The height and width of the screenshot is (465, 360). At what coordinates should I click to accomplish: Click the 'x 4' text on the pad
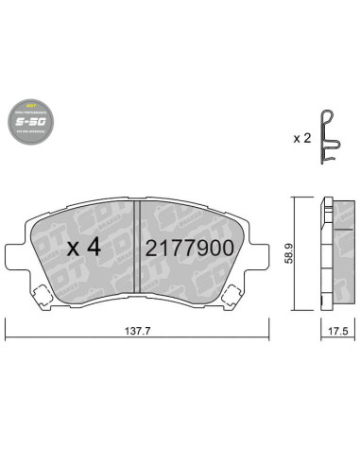point(84,248)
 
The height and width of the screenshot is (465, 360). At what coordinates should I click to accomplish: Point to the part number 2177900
point(183,249)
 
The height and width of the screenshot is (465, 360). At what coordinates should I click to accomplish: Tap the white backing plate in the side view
point(321,250)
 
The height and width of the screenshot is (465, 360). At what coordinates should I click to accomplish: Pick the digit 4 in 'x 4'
point(94,248)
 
